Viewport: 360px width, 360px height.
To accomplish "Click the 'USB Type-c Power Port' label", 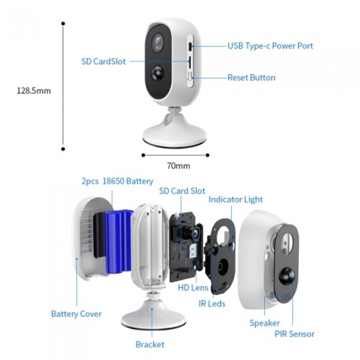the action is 270,46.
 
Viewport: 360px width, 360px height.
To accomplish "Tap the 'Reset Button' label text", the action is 251,78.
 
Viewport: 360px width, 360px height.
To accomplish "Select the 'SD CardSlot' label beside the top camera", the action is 103,62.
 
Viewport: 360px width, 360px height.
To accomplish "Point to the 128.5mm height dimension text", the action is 34,91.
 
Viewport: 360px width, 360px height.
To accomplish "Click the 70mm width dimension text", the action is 178,166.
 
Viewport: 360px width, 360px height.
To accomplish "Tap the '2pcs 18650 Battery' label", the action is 117,181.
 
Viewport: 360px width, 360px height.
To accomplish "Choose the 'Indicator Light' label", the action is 236,200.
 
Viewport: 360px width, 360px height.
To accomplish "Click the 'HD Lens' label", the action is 193,287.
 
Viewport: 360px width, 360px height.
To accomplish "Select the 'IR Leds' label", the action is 212,304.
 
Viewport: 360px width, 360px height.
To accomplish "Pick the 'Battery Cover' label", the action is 76,314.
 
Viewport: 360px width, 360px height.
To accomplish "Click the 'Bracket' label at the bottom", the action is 150,345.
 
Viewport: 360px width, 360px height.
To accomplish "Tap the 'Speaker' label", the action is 264,323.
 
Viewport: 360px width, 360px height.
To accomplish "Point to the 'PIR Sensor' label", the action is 294,334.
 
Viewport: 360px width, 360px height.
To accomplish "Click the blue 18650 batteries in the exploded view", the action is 119,241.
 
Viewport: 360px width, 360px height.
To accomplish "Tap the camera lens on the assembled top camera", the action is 158,43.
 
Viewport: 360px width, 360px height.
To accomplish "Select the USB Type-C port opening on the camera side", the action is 190,47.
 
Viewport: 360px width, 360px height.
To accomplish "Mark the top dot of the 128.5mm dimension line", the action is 63,24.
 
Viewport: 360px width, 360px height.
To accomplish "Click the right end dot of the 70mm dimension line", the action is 208,155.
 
